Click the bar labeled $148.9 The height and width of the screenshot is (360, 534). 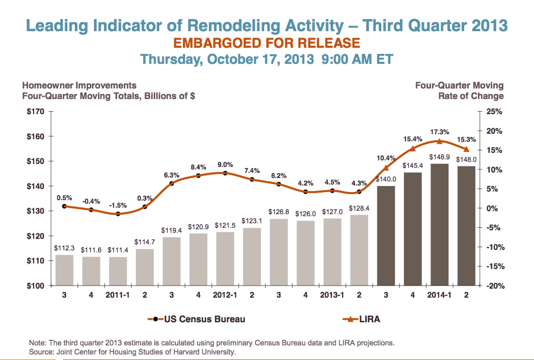point(440,224)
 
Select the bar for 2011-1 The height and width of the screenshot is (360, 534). point(118,271)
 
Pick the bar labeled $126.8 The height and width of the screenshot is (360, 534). point(279,252)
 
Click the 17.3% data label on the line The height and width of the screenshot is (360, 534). point(440,132)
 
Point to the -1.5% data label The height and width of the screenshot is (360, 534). point(118,205)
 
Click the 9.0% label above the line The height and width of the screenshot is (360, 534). point(225,164)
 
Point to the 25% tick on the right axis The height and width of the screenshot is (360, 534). point(494,112)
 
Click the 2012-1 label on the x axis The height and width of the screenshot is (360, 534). point(225,295)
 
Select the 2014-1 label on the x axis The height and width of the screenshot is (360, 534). point(440,295)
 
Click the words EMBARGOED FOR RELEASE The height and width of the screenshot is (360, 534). point(267,43)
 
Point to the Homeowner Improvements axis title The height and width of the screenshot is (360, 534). point(79,85)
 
